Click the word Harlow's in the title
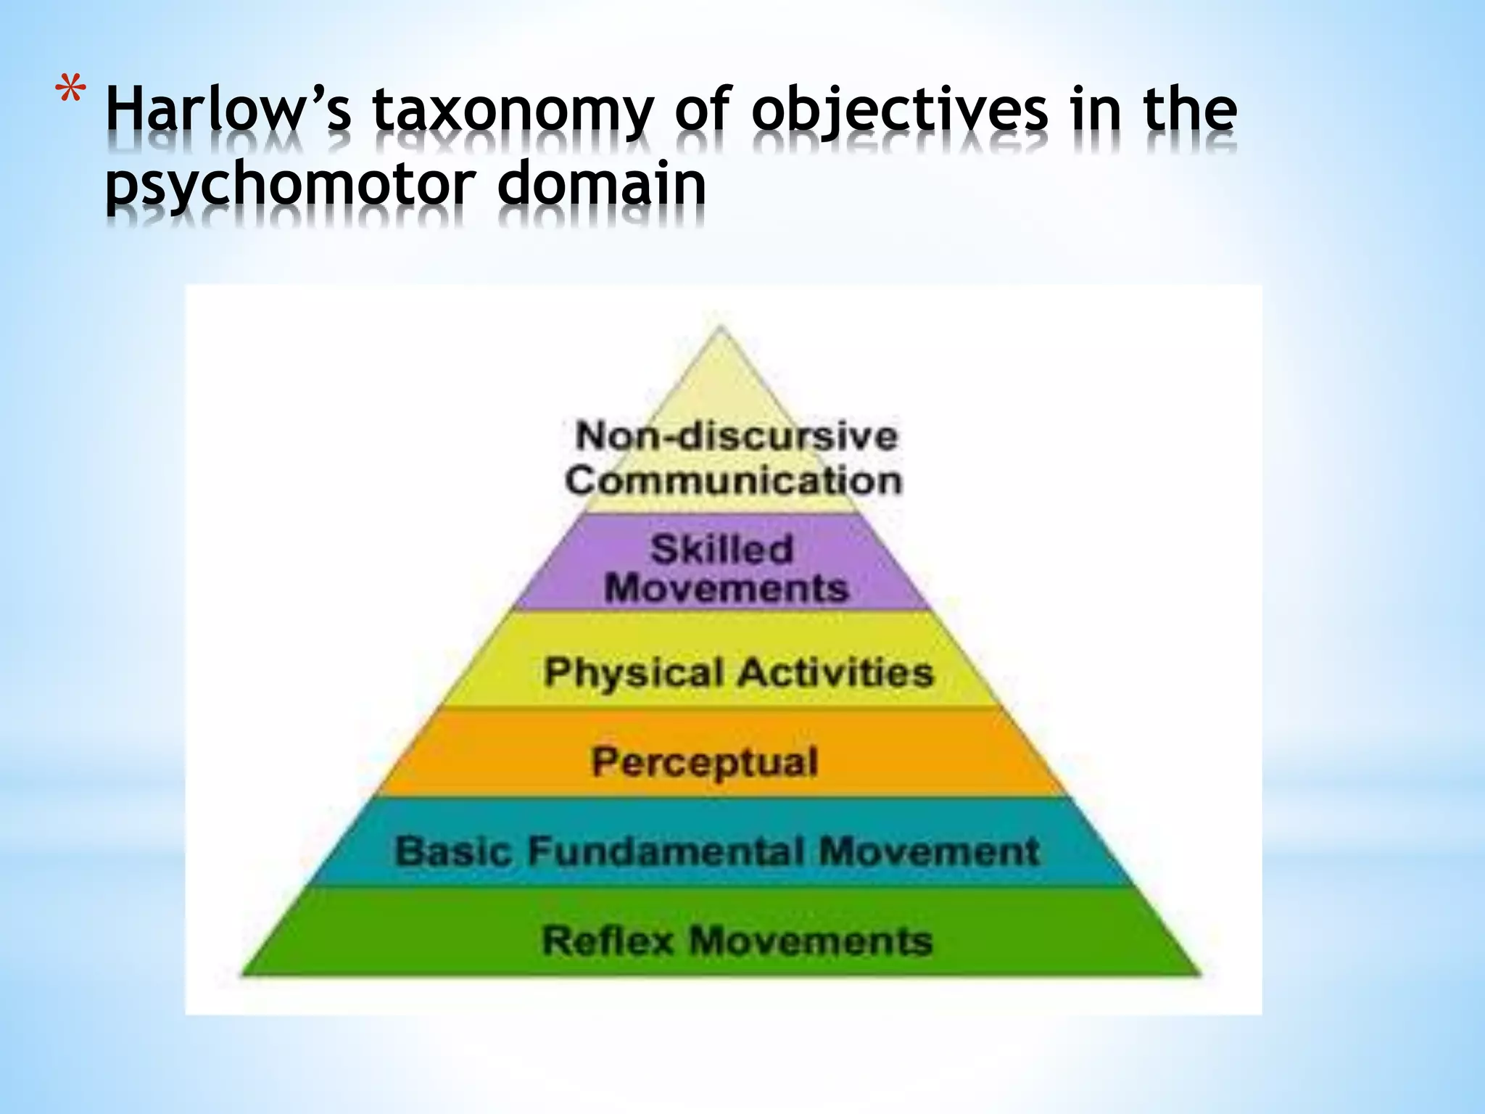228,111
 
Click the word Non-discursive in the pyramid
736,436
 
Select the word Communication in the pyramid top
733,480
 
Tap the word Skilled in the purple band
721,548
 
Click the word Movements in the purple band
726,587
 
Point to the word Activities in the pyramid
835,672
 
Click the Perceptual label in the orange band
704,762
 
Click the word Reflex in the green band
608,941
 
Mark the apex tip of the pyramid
720,329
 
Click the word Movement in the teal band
929,851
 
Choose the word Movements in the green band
810,941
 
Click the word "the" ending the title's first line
1190,111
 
